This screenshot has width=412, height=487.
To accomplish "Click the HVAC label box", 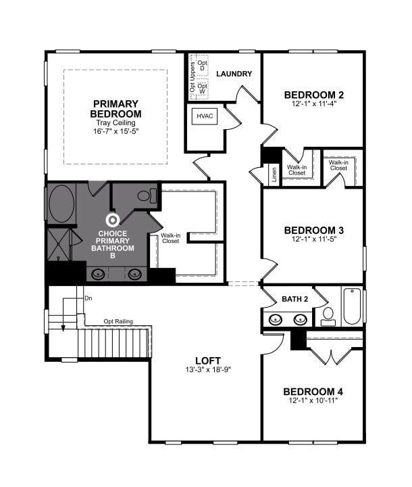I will [205, 116].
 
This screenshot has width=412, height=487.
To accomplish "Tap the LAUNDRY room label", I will [234, 74].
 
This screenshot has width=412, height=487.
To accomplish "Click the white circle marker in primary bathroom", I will [113, 220].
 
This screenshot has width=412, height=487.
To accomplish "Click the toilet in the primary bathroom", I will [146, 197].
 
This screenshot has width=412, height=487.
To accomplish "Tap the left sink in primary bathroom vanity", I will [99, 274].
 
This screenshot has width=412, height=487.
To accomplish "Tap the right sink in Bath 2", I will [299, 319].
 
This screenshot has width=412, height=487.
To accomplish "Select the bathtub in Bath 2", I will [353, 306].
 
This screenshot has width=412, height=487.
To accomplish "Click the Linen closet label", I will [274, 175].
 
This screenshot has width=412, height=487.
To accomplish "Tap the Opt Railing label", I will [118, 321].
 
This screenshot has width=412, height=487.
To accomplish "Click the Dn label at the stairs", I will [88, 298].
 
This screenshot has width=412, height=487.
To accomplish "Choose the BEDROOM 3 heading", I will [313, 229].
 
